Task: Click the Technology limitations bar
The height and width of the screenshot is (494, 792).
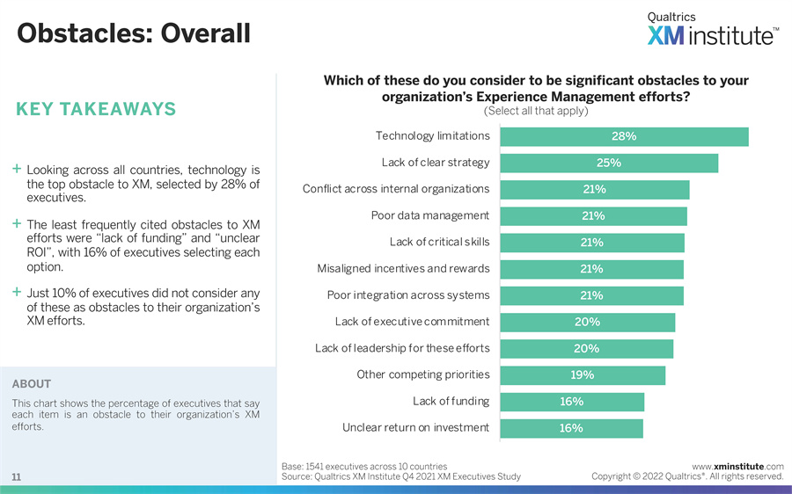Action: [624, 136]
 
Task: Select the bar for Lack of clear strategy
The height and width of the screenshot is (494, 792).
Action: [609, 163]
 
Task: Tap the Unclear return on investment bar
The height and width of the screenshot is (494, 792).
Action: [571, 428]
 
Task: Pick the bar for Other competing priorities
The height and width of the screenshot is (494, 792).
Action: [583, 375]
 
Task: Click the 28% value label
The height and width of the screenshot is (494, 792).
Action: [624, 136]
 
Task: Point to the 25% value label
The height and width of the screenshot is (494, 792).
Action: [609, 163]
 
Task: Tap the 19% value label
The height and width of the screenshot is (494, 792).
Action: [583, 375]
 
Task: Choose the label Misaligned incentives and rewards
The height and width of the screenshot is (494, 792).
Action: [403, 269]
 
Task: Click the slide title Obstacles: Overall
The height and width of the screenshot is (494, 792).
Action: [134, 33]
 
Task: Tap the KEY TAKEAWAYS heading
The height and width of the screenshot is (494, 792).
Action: [96, 110]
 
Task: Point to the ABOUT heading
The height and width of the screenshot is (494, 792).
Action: [32, 384]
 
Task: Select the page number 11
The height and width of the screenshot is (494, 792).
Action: [17, 476]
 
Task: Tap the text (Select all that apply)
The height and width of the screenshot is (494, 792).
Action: [536, 111]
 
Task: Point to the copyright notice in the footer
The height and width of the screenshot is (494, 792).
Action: [687, 476]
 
